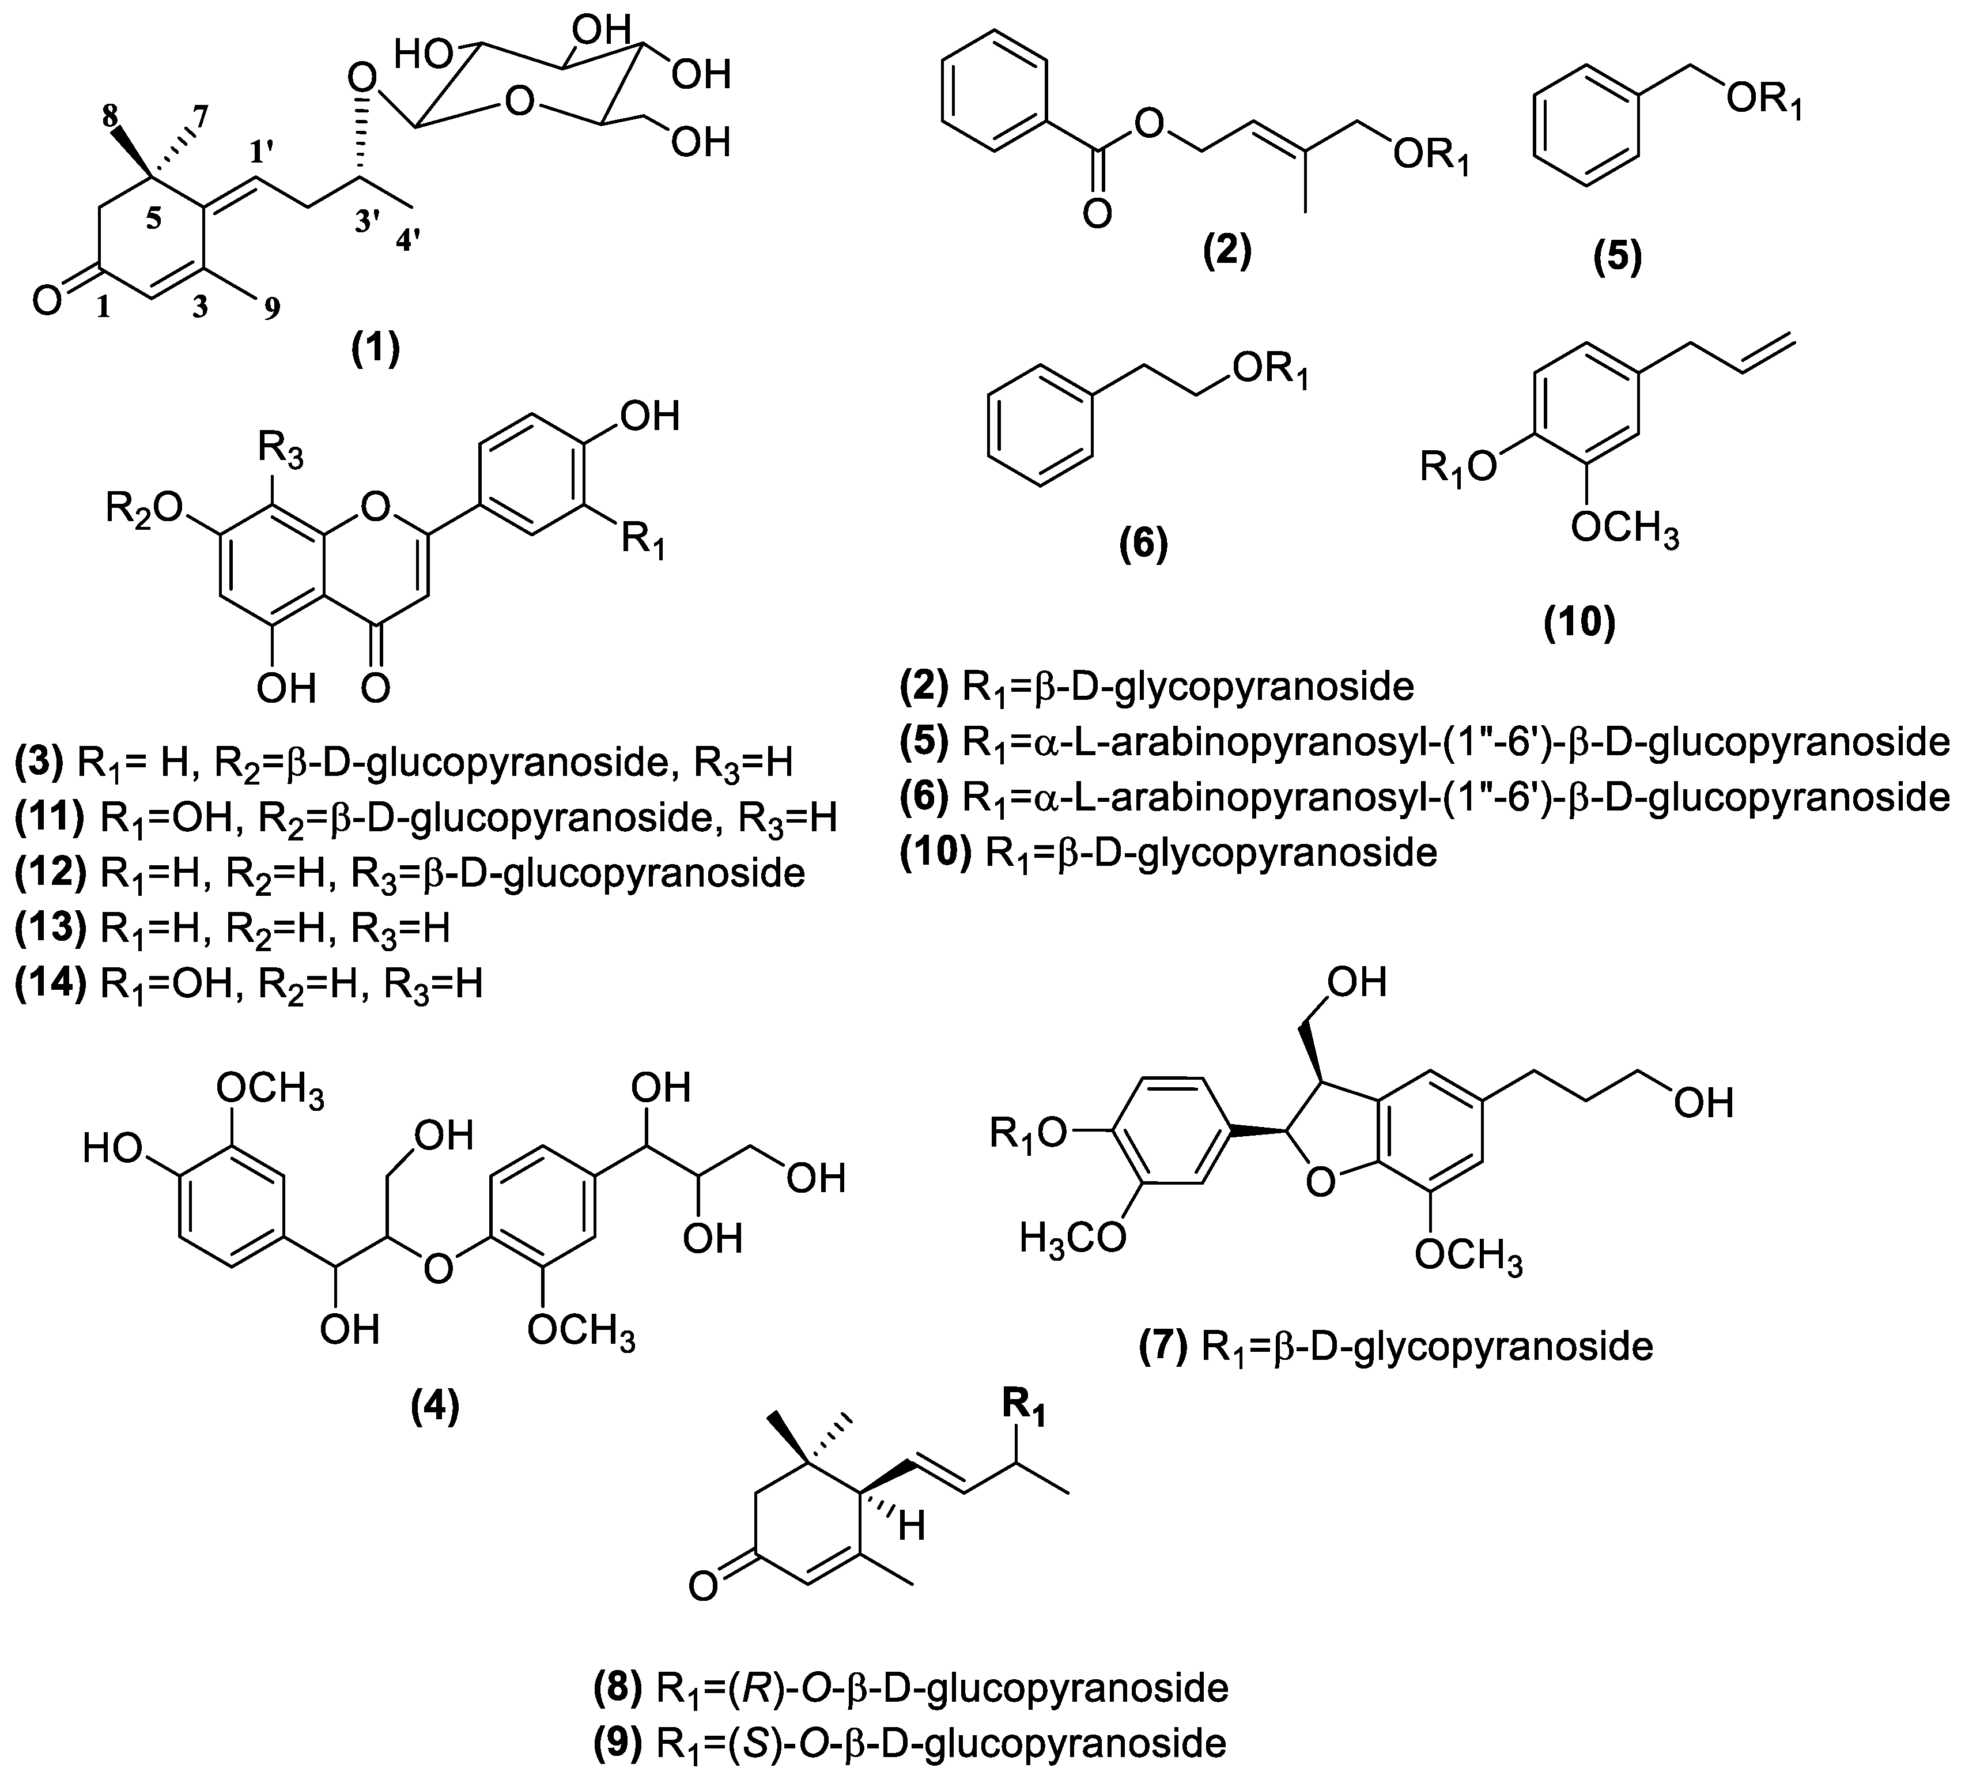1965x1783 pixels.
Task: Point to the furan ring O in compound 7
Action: pyautogui.click(x=1320, y=1182)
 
